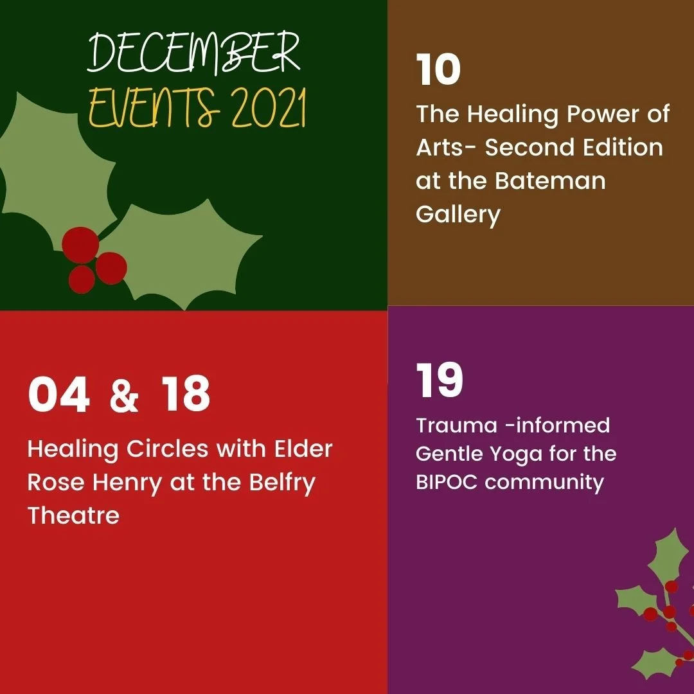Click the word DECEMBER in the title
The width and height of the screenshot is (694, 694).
(193, 53)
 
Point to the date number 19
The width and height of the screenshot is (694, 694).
(440, 380)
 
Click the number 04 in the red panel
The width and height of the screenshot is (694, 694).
(58, 395)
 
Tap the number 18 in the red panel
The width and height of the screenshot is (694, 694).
(186, 395)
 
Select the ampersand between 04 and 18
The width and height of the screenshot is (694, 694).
(124, 396)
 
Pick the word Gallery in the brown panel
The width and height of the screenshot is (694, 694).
(458, 215)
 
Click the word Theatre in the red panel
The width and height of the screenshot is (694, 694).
(73, 515)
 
